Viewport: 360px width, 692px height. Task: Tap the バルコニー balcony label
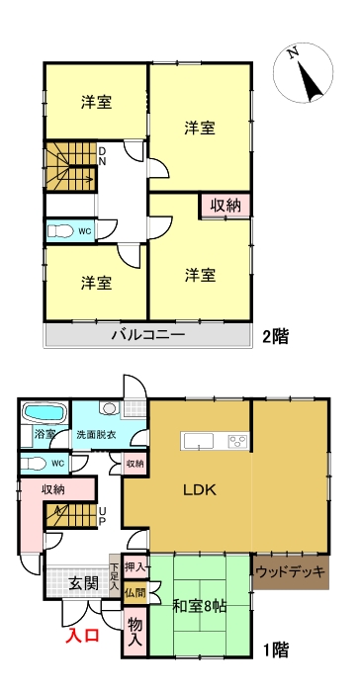147,336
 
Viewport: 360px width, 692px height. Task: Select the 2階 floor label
276,336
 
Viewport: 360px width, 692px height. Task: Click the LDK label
199,489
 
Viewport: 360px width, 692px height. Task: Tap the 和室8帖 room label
199,606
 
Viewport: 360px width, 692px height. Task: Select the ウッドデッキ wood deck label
291,571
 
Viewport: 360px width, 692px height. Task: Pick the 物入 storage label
135,630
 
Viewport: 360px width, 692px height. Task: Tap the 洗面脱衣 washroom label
97,435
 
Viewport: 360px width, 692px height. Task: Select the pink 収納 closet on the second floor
225,206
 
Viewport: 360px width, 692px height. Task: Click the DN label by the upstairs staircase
101,155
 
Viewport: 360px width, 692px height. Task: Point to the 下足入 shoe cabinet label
116,577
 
